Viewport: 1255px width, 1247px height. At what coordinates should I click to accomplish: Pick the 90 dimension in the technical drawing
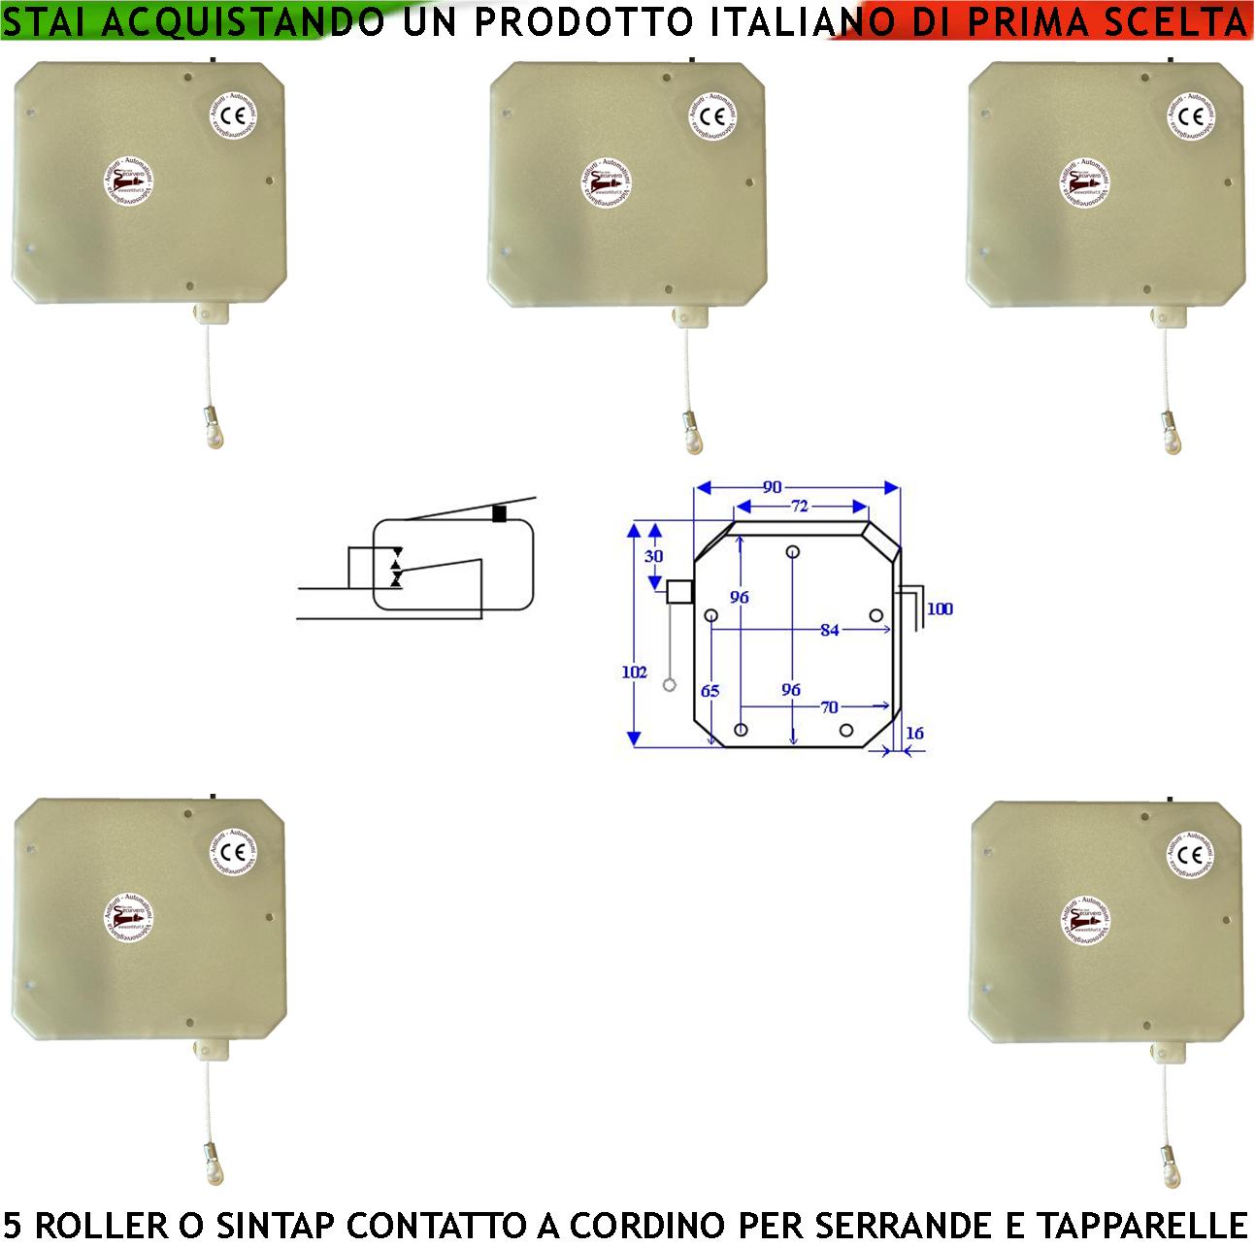click(x=773, y=487)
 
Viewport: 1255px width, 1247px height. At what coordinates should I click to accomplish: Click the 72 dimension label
click(x=800, y=506)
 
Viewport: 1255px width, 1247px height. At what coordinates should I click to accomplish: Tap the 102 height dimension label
click(x=635, y=672)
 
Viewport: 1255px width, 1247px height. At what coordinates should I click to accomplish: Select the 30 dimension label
click(x=654, y=556)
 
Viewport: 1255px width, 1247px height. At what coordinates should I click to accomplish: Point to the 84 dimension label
click(x=829, y=630)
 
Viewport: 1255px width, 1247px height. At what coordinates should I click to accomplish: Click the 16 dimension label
click(x=914, y=733)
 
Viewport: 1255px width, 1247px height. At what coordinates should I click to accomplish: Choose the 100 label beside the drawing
click(x=940, y=609)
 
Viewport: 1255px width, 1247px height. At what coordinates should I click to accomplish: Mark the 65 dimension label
click(x=710, y=691)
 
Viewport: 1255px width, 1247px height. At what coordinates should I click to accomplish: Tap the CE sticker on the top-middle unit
click(x=713, y=115)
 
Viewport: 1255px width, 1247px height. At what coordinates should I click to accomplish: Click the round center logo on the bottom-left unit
click(x=130, y=919)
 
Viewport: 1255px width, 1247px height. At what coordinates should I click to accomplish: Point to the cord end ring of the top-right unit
click(x=1172, y=440)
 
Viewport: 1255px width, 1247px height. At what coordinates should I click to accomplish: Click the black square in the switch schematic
click(x=500, y=514)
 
